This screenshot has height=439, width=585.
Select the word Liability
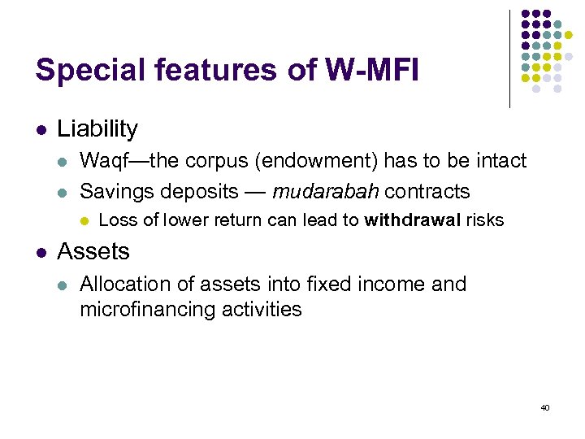point(97,128)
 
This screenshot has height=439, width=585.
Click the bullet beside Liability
point(41,128)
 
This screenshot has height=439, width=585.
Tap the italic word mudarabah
point(326,192)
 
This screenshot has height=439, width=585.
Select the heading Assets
point(93,251)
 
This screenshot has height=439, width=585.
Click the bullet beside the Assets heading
point(41,251)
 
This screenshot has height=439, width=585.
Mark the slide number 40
point(544,407)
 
